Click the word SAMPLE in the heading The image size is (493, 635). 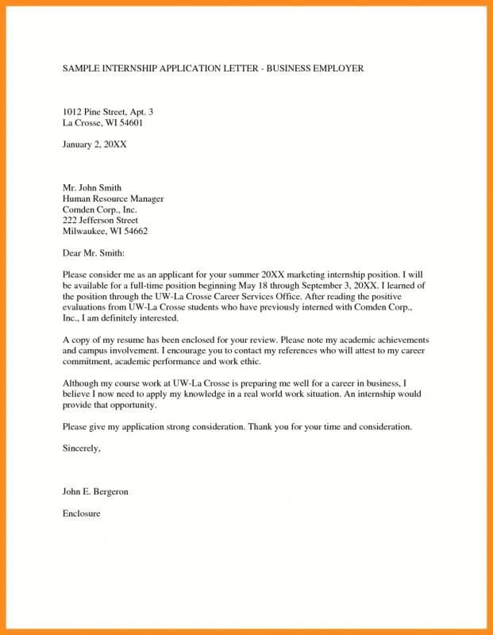click(x=82, y=69)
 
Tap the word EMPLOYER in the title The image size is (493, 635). click(x=333, y=69)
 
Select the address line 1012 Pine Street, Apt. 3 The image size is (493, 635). click(x=107, y=112)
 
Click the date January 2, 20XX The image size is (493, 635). click(x=94, y=144)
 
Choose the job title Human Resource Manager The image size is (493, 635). click(x=113, y=198)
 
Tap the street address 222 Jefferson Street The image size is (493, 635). click(x=100, y=220)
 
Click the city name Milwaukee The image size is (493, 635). click(x=85, y=231)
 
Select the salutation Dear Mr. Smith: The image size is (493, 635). click(x=94, y=252)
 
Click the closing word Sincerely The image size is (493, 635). click(x=81, y=448)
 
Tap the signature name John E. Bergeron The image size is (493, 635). click(x=95, y=492)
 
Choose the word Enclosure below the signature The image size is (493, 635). click(x=81, y=514)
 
